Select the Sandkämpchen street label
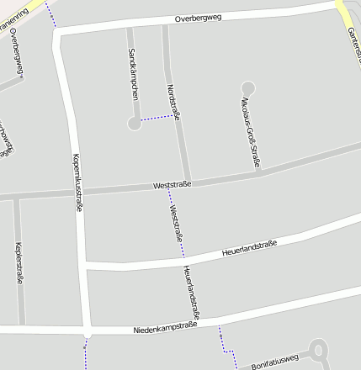pos(133,75)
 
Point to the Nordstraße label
pos(174,106)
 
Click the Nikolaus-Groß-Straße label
pos(250,131)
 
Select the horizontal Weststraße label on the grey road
pos(173,184)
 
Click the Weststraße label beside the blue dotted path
pos(176,224)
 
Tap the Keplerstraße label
pos(19,262)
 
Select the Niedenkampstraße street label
pos(165,326)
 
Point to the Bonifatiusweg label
pos(275,362)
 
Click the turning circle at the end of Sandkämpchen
pos(134,124)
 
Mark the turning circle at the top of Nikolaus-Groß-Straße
pos(247,87)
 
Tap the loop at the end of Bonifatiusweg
pos(318,351)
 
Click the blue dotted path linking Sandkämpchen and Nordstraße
pos(157,119)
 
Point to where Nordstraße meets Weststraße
pos(188,182)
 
